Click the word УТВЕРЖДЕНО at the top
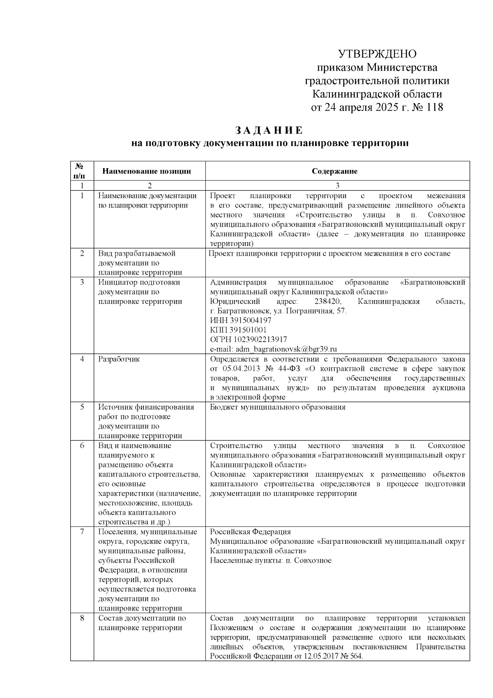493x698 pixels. tap(377, 54)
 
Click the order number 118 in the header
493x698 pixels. tap(433, 108)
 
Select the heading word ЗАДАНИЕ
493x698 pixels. tap(269, 130)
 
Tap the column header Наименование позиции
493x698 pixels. tap(147, 171)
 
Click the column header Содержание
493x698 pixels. tap(334, 171)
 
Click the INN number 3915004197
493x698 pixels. tap(249, 320)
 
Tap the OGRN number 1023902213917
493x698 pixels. tap(260, 340)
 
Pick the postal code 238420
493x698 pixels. tap(327, 301)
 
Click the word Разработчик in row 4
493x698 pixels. tap(119, 359)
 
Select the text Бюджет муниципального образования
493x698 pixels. tap(278, 407)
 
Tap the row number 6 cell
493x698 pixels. tap(82, 446)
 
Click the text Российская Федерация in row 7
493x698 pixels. tap(250, 532)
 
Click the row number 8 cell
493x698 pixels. tap(82, 618)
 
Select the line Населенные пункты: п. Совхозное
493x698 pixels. tap(271, 560)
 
